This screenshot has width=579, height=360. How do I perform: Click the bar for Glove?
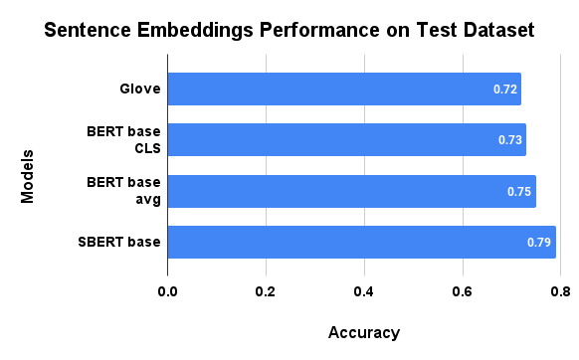[x=343, y=90]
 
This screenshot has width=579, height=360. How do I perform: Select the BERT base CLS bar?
[x=346, y=140]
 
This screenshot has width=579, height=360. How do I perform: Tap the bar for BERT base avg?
[x=351, y=191]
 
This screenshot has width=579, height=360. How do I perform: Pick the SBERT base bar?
[x=361, y=242]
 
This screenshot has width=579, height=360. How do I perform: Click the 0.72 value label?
[x=505, y=90]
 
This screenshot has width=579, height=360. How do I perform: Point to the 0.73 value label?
[x=510, y=140]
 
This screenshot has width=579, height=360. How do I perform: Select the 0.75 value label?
[x=519, y=191]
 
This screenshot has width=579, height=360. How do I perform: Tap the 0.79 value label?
[x=539, y=242]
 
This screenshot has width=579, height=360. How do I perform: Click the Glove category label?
[x=139, y=90]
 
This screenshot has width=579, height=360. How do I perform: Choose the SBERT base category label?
[x=118, y=242]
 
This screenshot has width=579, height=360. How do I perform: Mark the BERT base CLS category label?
[x=123, y=140]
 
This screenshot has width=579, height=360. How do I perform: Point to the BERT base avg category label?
[x=123, y=191]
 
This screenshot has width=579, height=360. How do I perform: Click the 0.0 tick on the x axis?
[x=167, y=291]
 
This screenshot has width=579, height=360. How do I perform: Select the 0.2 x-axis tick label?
[x=265, y=291]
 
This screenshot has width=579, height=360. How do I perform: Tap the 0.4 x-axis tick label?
[x=363, y=291]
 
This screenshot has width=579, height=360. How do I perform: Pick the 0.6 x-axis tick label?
[x=462, y=291]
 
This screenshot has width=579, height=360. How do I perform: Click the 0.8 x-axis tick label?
[x=559, y=291]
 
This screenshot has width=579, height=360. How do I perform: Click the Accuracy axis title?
[x=363, y=332]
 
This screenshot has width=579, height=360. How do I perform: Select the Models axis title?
[x=28, y=177]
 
